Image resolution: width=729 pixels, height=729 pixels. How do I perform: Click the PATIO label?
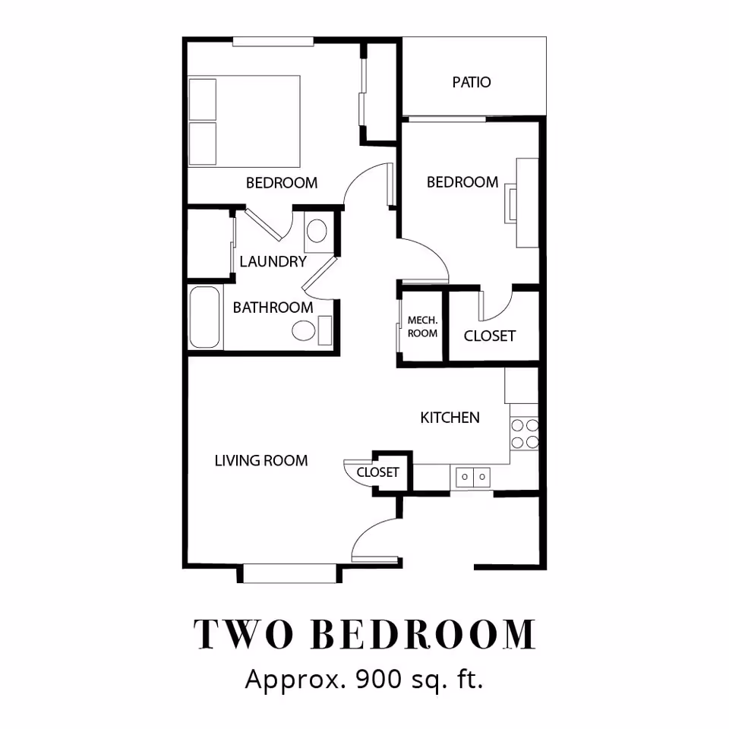pyautogui.click(x=472, y=82)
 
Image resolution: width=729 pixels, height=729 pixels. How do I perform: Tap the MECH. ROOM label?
pyautogui.click(x=422, y=327)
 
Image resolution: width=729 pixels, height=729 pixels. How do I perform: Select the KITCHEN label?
pyautogui.click(x=450, y=418)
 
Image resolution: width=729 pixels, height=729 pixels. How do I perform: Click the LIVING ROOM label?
pyautogui.click(x=260, y=460)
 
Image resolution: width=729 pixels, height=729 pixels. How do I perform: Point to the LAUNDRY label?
pyautogui.click(x=273, y=261)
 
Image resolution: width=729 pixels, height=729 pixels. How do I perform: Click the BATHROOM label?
pyautogui.click(x=273, y=308)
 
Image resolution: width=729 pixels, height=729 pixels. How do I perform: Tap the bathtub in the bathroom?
pyautogui.click(x=204, y=317)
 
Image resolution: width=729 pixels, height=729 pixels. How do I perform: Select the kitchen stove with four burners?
pyautogui.click(x=525, y=433)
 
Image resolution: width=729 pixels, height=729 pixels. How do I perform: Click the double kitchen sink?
pyautogui.click(x=473, y=477)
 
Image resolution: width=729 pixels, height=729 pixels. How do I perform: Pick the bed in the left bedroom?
pyautogui.click(x=244, y=121)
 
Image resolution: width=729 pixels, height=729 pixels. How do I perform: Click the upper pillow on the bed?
pyautogui.click(x=203, y=99)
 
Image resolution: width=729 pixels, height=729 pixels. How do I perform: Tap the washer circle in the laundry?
pyautogui.click(x=317, y=231)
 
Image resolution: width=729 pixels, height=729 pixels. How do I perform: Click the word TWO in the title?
pyautogui.click(x=243, y=634)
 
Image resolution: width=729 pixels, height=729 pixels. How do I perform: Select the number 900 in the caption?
pyautogui.click(x=378, y=679)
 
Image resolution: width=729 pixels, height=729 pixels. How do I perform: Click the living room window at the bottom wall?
pyautogui.click(x=289, y=573)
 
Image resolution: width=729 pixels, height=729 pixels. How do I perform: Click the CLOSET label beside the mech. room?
pyautogui.click(x=490, y=336)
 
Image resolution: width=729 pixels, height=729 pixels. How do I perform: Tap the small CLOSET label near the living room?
pyautogui.click(x=377, y=472)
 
